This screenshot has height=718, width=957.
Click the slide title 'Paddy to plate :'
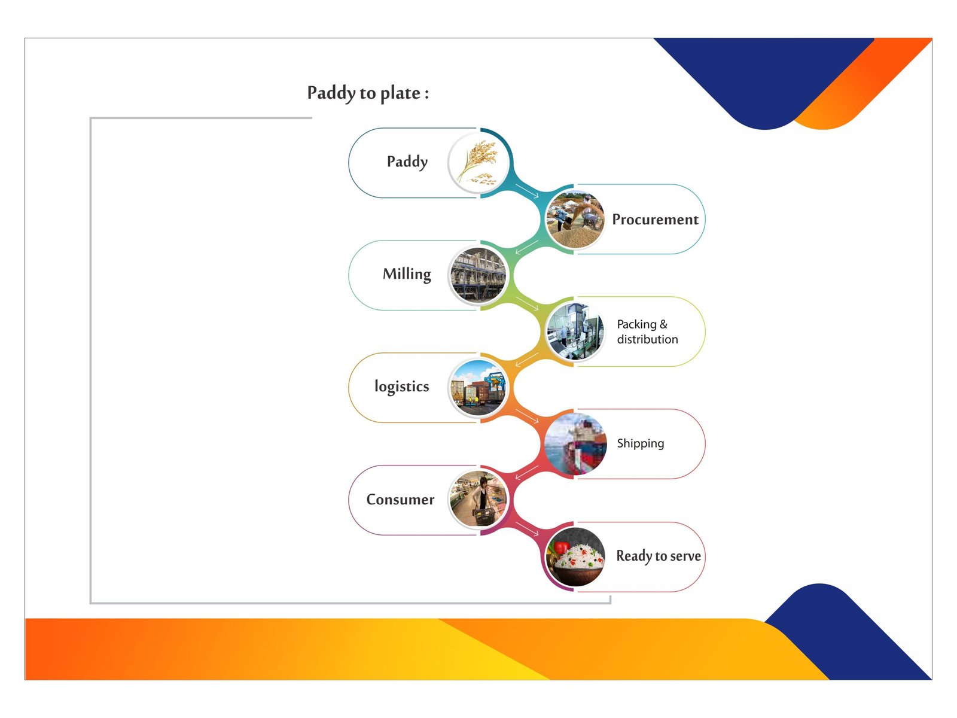[368, 93]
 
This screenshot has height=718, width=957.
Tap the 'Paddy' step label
[407, 162]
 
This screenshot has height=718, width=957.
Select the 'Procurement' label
[655, 219]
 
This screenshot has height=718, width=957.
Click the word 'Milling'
[407, 274]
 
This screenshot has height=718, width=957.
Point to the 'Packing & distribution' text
[647, 331]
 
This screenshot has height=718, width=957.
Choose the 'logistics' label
[401, 387]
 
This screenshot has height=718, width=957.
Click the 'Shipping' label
[640, 444]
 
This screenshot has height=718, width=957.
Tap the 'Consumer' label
[400, 500]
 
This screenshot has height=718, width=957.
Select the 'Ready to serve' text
[659, 556]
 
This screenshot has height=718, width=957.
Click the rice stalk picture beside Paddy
[478, 163]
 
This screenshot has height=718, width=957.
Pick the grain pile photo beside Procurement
[575, 219]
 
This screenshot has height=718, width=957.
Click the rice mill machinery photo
[478, 275]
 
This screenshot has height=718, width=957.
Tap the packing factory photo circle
[575, 331]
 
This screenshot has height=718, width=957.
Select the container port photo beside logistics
[478, 388]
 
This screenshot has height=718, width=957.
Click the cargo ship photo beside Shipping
[575, 444]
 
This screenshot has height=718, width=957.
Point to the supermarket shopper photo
[478, 500]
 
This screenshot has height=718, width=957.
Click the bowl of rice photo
[575, 556]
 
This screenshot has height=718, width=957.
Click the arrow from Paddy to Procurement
[527, 191]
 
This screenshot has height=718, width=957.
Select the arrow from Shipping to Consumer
[527, 473]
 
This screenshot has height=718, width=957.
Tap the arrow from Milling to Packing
[527, 303]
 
